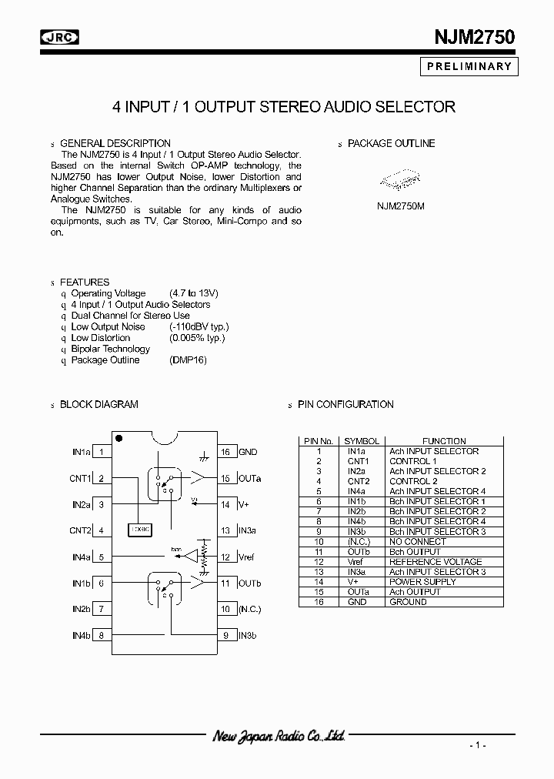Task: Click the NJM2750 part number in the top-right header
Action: [472, 36]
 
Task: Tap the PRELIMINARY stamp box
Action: [468, 66]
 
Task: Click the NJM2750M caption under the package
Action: [400, 206]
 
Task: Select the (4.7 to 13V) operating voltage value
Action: [194, 293]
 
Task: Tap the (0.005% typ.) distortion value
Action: [197, 338]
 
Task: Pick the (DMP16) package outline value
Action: [188, 360]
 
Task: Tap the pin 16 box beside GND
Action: [225, 453]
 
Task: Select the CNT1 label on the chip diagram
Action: [80, 479]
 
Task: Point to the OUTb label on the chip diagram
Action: [249, 583]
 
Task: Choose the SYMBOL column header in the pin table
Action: [362, 441]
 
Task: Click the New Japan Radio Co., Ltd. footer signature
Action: [278, 737]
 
